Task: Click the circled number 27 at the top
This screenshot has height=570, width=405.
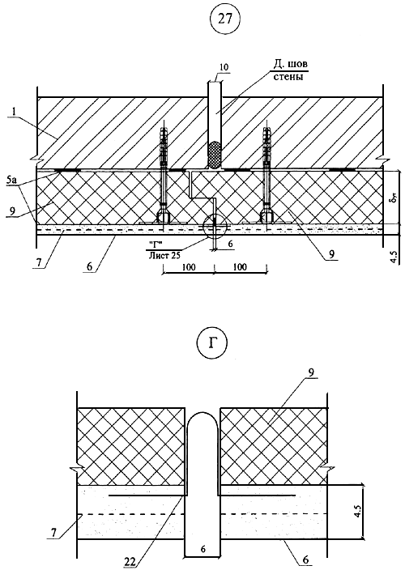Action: point(224,19)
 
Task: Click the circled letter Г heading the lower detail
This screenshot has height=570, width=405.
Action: point(211,344)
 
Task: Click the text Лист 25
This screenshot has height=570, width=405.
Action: point(164,255)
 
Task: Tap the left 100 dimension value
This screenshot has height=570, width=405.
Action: point(189,267)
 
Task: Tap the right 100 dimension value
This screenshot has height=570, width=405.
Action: point(240,267)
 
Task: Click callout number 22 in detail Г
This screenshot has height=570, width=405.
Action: point(130,563)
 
